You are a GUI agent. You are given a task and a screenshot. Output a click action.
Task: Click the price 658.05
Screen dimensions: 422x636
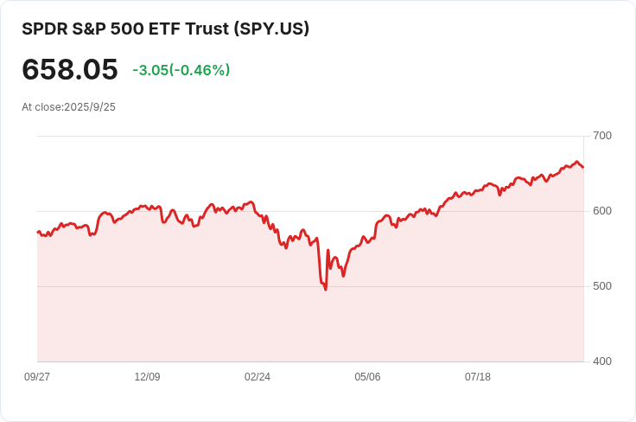[x=69, y=69]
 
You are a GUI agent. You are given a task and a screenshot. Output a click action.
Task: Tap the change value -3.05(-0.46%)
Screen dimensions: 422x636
[x=181, y=70]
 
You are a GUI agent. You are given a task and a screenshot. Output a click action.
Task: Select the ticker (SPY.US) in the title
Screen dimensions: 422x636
[x=271, y=29]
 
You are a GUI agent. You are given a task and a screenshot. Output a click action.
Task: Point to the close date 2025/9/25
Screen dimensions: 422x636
[x=90, y=107]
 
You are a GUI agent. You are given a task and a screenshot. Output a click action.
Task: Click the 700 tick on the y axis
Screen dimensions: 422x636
[x=601, y=136]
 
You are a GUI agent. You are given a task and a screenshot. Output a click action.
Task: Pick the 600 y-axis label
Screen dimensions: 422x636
[x=601, y=211]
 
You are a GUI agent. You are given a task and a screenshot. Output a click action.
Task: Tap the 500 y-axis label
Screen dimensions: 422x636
[x=601, y=286]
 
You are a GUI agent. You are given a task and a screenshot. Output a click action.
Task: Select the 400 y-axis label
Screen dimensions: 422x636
[x=601, y=361]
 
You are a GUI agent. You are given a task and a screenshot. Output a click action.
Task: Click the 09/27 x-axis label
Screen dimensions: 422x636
[x=37, y=377]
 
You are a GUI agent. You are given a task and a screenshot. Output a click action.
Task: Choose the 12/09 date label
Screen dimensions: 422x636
[x=147, y=377]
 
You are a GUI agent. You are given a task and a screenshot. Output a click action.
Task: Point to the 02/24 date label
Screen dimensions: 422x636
[x=258, y=377]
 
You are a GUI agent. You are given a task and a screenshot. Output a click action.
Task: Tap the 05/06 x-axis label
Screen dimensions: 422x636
[x=367, y=377]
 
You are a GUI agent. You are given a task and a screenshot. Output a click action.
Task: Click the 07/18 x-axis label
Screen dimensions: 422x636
[x=478, y=377]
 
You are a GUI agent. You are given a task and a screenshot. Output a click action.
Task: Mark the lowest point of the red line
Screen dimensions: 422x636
[x=325, y=290]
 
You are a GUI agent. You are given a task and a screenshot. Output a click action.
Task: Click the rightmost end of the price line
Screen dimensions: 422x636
[x=583, y=167]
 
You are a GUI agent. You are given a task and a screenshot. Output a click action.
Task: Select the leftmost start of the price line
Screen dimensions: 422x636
[x=37, y=232]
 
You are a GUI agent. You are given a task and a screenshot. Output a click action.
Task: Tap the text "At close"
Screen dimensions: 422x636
[x=41, y=107]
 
